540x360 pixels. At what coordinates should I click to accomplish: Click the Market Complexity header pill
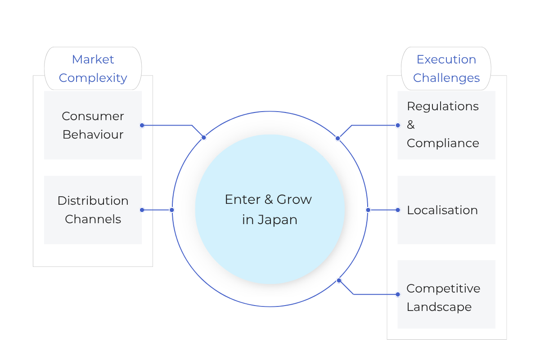[x=93, y=68]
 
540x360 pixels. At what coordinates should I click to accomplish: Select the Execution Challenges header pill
[x=446, y=68]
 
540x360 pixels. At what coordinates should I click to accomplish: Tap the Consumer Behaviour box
[x=93, y=125]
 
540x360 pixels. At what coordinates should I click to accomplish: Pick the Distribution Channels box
[x=93, y=210]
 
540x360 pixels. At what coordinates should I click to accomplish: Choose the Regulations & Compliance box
[x=446, y=125]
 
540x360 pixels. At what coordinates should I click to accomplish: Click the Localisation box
[x=446, y=210]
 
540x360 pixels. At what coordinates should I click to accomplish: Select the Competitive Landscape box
[x=446, y=294]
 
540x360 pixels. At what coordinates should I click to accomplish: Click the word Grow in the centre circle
[x=294, y=199]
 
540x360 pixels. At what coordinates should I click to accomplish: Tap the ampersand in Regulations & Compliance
[x=411, y=125]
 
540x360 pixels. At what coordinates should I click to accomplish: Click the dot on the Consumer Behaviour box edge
[x=142, y=126]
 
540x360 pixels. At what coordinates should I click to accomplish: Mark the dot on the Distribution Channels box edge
[x=142, y=210]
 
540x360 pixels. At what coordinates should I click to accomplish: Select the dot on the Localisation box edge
[x=398, y=210]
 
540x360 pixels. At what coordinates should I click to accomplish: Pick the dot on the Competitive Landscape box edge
[x=398, y=294]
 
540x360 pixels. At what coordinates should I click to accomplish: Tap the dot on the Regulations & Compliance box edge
[x=398, y=126]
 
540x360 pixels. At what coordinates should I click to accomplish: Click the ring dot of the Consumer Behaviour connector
[x=204, y=137]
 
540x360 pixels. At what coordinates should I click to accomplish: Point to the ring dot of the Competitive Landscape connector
[x=339, y=280]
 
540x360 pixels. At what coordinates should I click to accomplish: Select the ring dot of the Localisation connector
[x=368, y=210]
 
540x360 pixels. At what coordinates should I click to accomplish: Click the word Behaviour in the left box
[x=93, y=135]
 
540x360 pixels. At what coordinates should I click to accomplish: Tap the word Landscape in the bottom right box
[x=439, y=307]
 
